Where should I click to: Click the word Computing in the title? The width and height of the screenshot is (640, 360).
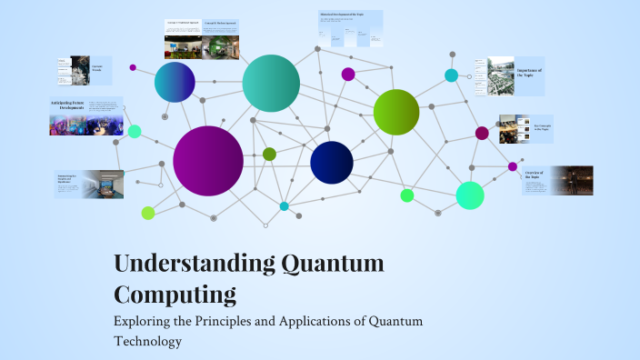[x=175, y=295]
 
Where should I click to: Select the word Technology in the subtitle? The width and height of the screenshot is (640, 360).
[x=148, y=342]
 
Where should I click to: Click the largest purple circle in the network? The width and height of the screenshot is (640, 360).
[x=208, y=161]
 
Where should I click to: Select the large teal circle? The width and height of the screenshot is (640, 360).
[x=271, y=84]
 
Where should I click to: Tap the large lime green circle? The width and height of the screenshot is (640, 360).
[x=396, y=112]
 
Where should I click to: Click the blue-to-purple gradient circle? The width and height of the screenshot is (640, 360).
[x=175, y=83]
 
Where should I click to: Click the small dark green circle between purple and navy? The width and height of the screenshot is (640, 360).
[x=269, y=154]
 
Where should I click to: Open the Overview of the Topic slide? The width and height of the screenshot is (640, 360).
[x=557, y=180]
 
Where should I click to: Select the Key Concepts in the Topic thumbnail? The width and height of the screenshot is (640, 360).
[x=521, y=128]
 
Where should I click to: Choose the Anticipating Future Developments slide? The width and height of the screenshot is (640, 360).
[x=86, y=116]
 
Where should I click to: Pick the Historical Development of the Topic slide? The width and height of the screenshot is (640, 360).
[x=350, y=29]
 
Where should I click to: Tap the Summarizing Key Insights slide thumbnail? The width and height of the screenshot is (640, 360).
[x=88, y=184]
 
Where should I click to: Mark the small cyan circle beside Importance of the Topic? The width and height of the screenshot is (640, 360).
[x=451, y=75]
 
